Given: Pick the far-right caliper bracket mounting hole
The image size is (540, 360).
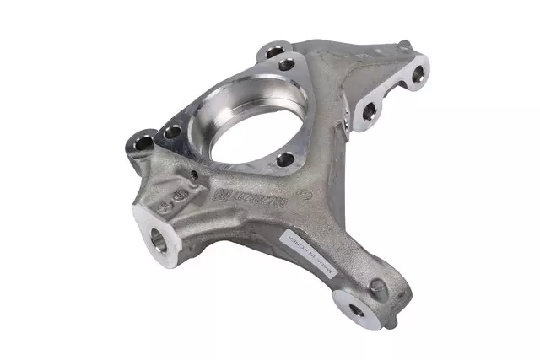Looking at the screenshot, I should tap(415, 81).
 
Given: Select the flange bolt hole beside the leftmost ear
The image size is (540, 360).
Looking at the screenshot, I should tap(173, 132).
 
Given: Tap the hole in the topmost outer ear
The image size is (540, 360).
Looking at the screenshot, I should tap(273, 51).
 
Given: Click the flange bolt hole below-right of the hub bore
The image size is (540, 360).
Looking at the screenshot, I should tap(285, 159).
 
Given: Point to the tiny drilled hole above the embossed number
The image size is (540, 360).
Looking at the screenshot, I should tap(196, 175).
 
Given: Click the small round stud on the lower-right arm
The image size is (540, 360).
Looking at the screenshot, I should tap(376, 287).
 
